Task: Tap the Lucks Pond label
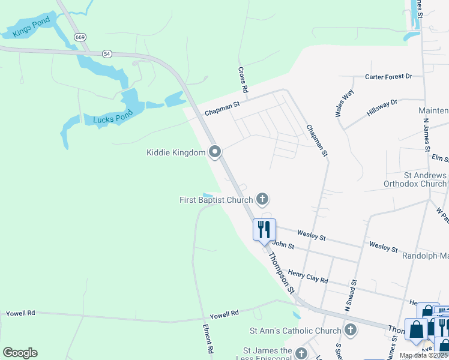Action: pos(112,119)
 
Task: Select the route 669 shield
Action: pos(80,37)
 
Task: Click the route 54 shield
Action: pos(107,54)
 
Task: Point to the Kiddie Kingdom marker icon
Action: pos(215,152)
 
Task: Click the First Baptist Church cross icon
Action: pos(262,199)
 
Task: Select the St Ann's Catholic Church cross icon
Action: pos(351,330)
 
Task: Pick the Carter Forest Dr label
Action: pos(389,77)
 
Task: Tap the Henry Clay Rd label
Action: pos(308,275)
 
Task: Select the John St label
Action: pos(283,245)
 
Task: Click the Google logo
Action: pos(20,353)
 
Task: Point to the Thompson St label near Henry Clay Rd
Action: pos(282,272)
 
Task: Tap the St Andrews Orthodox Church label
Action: pos(415,179)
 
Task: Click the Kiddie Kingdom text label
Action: pos(176,152)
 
